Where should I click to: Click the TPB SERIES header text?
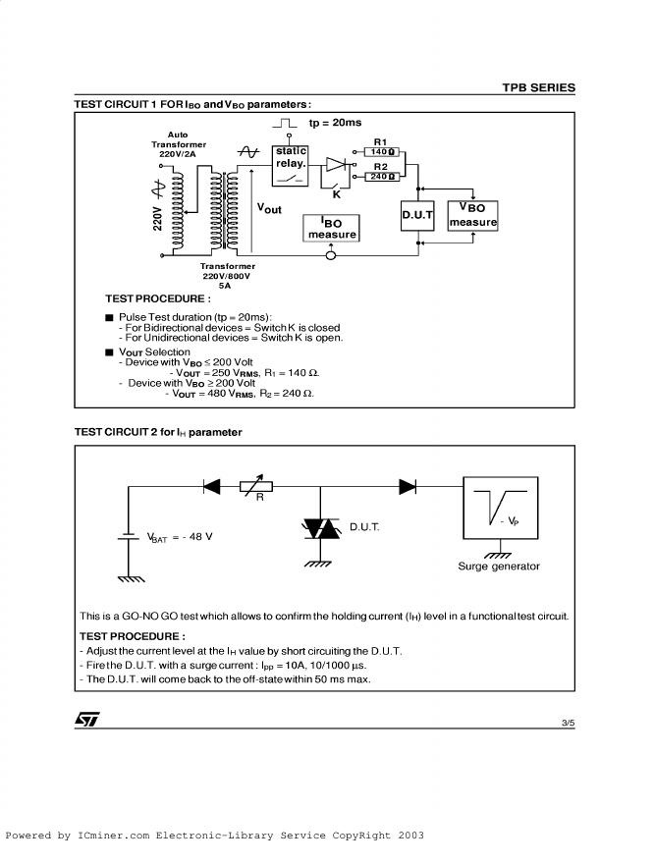(538, 87)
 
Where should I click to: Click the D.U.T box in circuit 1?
(417, 215)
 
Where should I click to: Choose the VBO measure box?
(472, 215)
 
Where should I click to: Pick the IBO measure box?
(332, 229)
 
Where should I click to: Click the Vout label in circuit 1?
(269, 208)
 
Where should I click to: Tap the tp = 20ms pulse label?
(335, 123)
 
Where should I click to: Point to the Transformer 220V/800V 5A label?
(228, 275)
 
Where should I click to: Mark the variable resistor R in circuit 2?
(259, 485)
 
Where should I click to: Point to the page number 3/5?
(568, 723)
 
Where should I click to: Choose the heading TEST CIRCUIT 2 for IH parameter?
(158, 432)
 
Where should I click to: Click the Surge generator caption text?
(499, 567)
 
